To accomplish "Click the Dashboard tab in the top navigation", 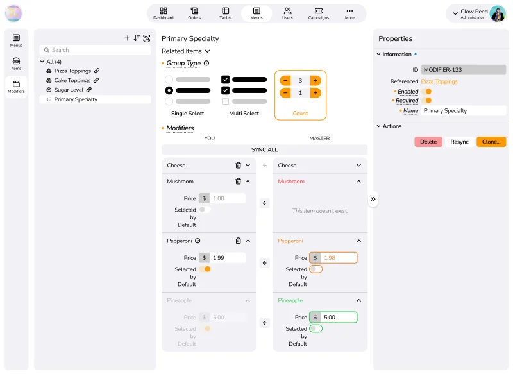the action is pyautogui.click(x=164, y=13).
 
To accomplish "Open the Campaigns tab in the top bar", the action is pyautogui.click(x=318, y=13).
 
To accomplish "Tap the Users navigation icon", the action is pyautogui.click(x=287, y=11).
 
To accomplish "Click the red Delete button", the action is pyautogui.click(x=428, y=142).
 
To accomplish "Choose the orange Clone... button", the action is pyautogui.click(x=491, y=142).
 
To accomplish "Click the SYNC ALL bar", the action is pyautogui.click(x=264, y=149).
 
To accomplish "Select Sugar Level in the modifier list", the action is pyautogui.click(x=69, y=90).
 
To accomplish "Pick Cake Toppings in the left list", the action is pyautogui.click(x=72, y=80).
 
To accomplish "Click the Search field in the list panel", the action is pyautogui.click(x=95, y=50).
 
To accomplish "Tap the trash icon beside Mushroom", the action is pyautogui.click(x=238, y=182).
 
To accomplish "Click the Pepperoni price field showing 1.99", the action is pyautogui.click(x=228, y=258).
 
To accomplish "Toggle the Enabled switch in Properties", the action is pyautogui.click(x=426, y=92).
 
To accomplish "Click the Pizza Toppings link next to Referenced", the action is pyautogui.click(x=439, y=81).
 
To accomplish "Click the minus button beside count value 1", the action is pyautogui.click(x=285, y=93).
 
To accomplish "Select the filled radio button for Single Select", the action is pyautogui.click(x=169, y=90).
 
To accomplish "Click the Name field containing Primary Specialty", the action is pyautogui.click(x=463, y=110).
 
